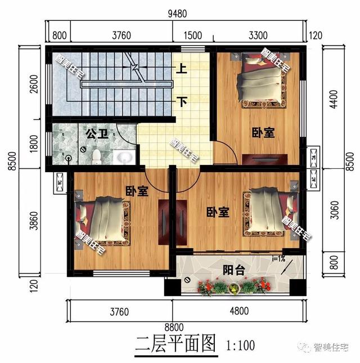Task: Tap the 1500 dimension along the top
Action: click(x=193, y=35)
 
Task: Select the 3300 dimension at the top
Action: click(x=258, y=35)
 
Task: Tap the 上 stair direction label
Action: click(x=182, y=70)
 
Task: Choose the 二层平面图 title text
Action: click(x=176, y=344)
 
